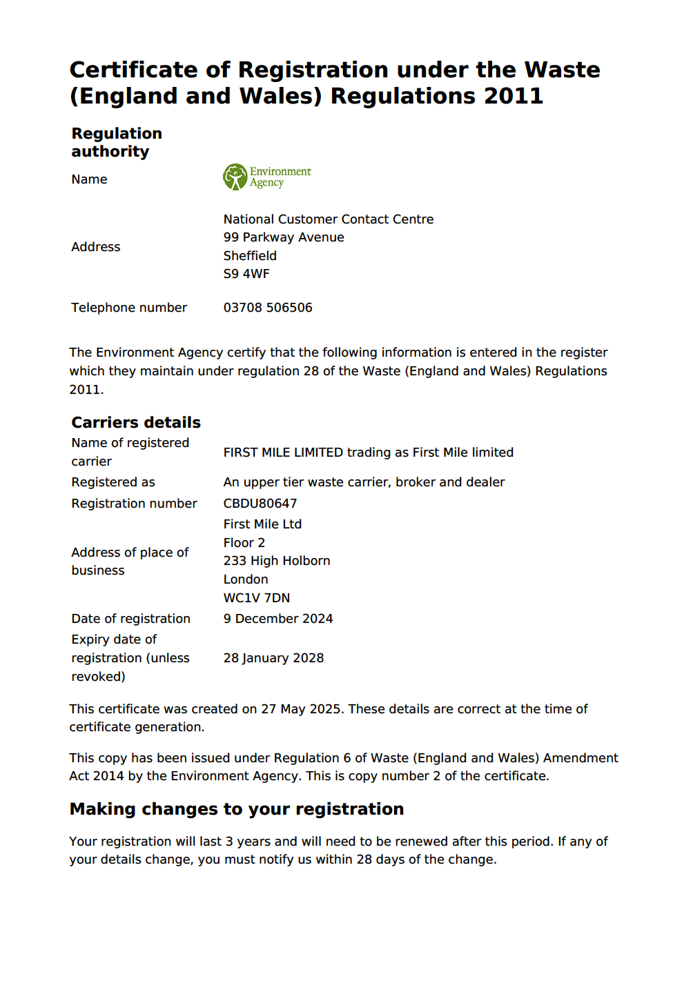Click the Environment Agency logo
266,177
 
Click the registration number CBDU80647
260,504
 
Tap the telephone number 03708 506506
268,308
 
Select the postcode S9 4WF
246,274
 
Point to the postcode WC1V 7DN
257,598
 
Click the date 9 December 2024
278,619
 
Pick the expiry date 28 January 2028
273,658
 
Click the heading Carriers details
136,422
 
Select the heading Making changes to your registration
237,809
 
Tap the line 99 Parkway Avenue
284,237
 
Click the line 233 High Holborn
277,561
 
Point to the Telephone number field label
129,308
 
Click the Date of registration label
131,619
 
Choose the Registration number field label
135,504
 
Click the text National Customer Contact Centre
329,219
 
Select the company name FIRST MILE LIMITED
283,452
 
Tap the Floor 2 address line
244,543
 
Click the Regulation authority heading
117,142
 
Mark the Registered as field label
113,482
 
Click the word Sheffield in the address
250,256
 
